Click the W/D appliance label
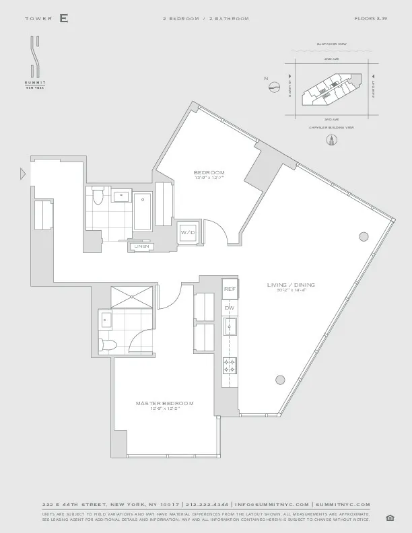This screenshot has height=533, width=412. [x=186, y=232]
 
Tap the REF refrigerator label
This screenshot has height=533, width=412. [x=229, y=289]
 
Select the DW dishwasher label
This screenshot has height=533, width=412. [x=229, y=308]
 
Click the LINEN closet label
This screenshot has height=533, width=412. [x=141, y=247]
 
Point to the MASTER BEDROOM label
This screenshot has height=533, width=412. [x=164, y=403]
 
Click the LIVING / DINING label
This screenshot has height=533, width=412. [x=290, y=285]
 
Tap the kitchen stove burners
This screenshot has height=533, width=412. [x=229, y=365]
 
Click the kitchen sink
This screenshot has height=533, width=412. [x=229, y=328]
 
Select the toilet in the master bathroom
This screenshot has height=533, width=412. [x=108, y=344]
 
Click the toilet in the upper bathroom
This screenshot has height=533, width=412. [x=98, y=196]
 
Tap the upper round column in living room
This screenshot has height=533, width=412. [x=364, y=236]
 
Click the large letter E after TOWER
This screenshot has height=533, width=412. [x=63, y=18]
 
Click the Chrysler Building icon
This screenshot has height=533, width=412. [x=331, y=141]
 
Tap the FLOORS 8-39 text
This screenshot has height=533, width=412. [x=371, y=18]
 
